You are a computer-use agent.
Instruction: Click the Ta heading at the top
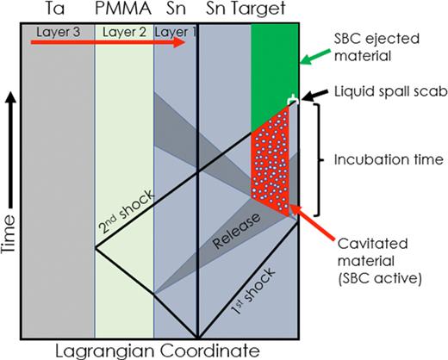(x=55, y=9)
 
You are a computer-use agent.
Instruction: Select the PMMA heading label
(x=123, y=9)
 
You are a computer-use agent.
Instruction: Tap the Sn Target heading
(x=246, y=9)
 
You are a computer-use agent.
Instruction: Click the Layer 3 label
(x=59, y=32)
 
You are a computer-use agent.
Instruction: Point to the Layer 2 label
(x=124, y=32)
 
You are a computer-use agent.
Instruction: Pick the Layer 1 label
(x=175, y=32)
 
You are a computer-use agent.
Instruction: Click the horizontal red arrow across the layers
(x=109, y=42)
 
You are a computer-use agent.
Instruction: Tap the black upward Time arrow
(x=10, y=150)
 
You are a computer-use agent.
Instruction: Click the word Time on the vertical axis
(x=8, y=233)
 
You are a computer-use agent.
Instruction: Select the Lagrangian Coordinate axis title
(x=158, y=351)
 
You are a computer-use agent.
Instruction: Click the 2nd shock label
(x=127, y=212)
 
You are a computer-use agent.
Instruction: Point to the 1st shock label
(x=253, y=291)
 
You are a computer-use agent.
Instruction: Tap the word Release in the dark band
(x=236, y=231)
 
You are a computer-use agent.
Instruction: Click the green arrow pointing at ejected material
(x=315, y=57)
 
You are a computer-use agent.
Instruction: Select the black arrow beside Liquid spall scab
(x=315, y=96)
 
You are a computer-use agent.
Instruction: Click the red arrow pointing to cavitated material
(x=312, y=222)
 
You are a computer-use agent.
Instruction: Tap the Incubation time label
(x=389, y=159)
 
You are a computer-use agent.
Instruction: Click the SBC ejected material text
(x=376, y=47)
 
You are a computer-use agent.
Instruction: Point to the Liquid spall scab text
(x=391, y=92)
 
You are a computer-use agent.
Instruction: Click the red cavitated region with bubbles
(x=270, y=161)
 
